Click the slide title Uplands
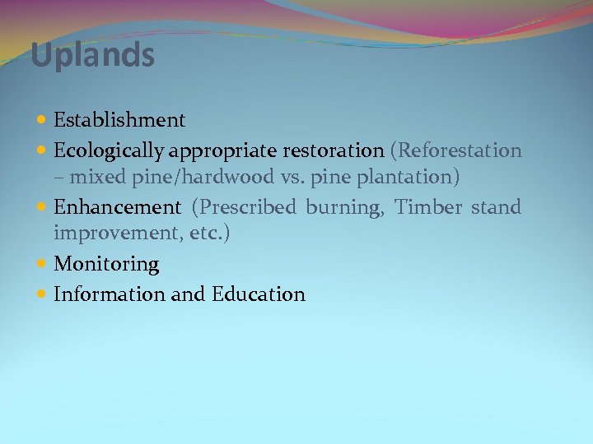pos(92,56)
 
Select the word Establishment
pos(119,121)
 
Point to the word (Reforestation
pos(455,151)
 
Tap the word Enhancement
pos(116,207)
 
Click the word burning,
pos(345,208)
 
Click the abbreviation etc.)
pos(210,234)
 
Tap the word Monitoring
pos(106,265)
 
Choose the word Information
pos(110,294)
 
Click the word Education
pos(258,294)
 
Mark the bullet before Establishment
pos(42,121)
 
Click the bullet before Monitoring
pos(42,264)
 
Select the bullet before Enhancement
pos(42,207)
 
